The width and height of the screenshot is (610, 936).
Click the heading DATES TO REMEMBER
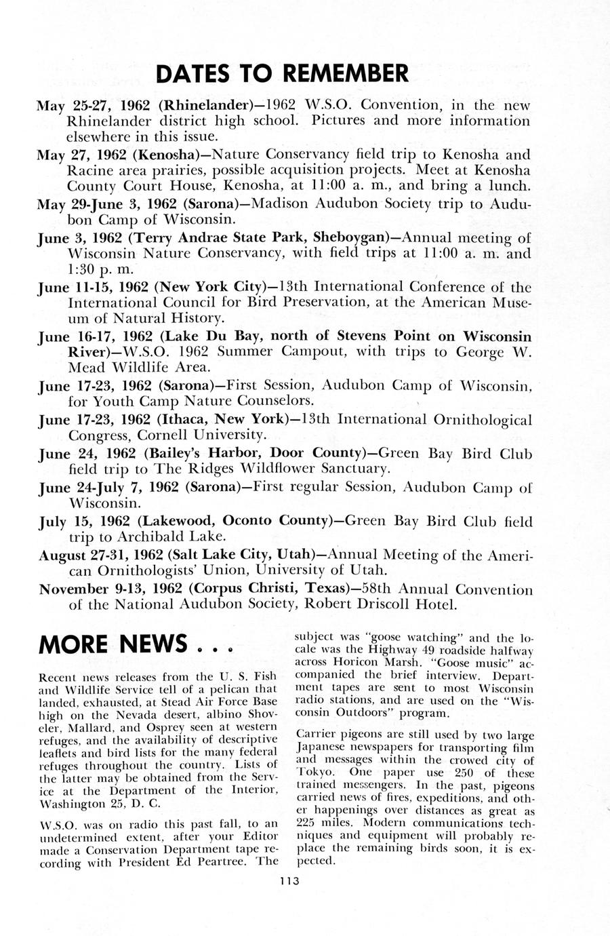coord(283,73)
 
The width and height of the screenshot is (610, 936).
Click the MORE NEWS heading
coord(113,643)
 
